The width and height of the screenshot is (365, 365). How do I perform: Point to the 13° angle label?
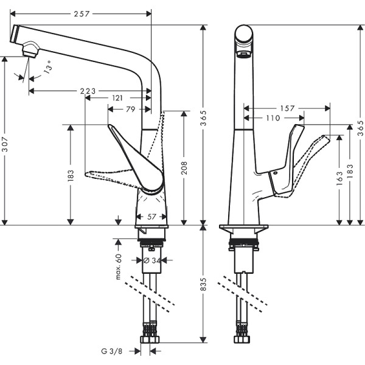[x=47, y=68]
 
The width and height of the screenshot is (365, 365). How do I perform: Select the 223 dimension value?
[x=88, y=91]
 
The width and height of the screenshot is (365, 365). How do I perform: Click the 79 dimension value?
[x=130, y=109]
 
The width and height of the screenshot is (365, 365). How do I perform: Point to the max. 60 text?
[x=119, y=266]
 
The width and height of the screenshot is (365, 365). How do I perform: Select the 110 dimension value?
[x=273, y=118]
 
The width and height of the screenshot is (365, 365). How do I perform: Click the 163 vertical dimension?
[x=339, y=181]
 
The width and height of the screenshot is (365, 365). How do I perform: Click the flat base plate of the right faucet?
[x=243, y=227]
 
